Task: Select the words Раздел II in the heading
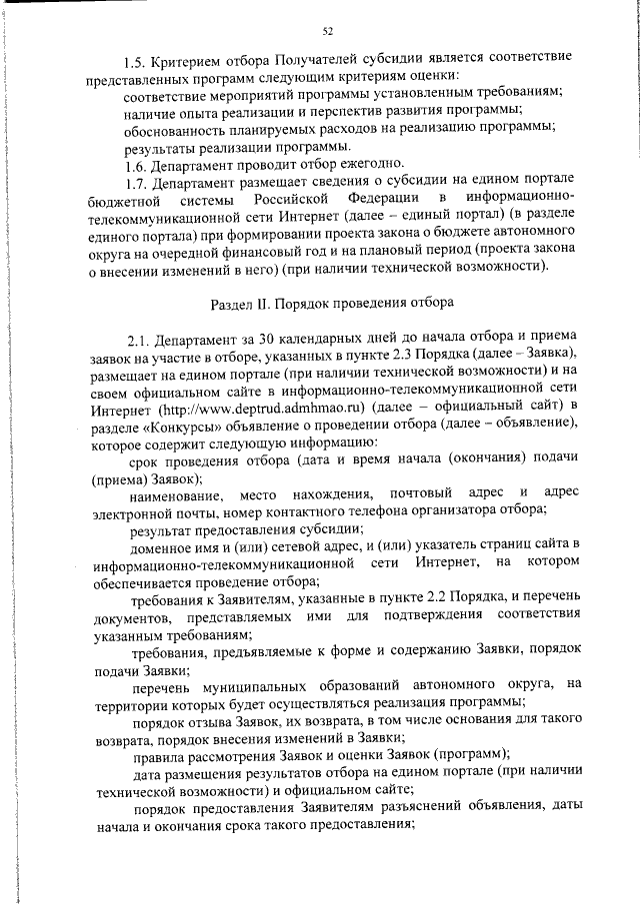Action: (x=244, y=301)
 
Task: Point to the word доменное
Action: (x=163, y=544)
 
